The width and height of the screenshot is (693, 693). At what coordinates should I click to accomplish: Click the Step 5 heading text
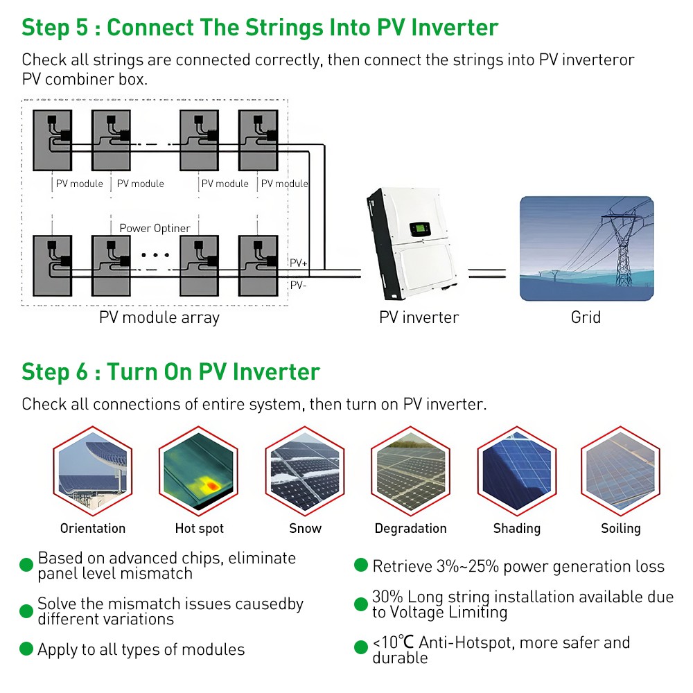(x=260, y=28)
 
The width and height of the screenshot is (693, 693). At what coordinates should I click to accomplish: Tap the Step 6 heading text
(x=170, y=371)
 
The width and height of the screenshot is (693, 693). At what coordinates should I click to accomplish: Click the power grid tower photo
(x=586, y=248)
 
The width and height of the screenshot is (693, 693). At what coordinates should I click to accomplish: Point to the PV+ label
(x=299, y=263)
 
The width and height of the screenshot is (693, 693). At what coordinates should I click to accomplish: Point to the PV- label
(x=299, y=285)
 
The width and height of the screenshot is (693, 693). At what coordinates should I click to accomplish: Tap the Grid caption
(x=586, y=317)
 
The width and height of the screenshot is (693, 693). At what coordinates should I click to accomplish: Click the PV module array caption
(x=159, y=317)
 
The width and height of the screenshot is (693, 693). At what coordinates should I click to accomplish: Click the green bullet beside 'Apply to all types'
(x=26, y=649)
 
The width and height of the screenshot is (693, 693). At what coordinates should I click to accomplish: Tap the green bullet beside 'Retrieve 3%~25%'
(x=360, y=565)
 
